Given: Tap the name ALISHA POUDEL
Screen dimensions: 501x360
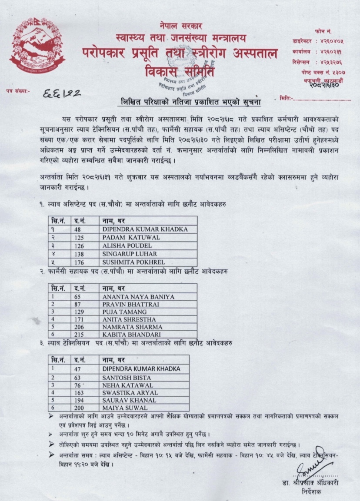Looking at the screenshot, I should click(x=121, y=246).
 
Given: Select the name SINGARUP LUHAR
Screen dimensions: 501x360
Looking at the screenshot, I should click(x=124, y=254).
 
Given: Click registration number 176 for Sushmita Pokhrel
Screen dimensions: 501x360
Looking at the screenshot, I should click(x=79, y=262).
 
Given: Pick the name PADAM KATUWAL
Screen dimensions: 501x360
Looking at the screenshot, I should click(x=125, y=237).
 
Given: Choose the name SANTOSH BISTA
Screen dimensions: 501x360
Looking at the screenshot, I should click(x=123, y=377).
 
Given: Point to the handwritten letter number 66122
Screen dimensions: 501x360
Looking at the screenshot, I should click(x=63, y=93).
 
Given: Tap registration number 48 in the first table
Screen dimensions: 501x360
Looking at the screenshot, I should click(x=77, y=229).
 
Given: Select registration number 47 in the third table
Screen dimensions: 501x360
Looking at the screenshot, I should click(x=77, y=368).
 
